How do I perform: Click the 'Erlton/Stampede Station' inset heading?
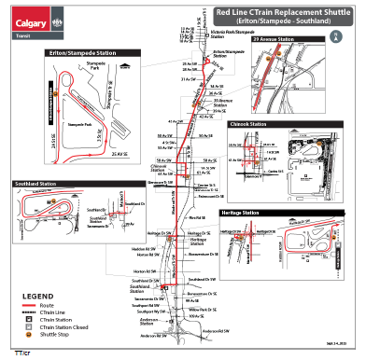tap(63, 52)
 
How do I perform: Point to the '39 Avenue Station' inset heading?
tap(276, 40)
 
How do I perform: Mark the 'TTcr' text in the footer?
tap(21, 353)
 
